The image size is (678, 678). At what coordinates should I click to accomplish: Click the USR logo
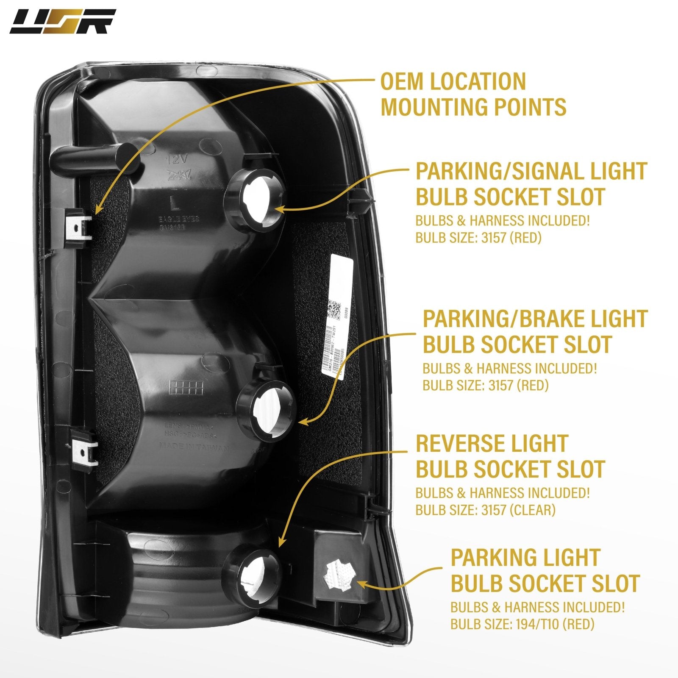click(63, 22)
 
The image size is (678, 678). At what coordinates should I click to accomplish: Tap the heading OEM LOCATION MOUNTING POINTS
click(473, 94)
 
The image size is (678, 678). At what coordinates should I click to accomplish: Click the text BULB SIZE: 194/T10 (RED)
click(522, 624)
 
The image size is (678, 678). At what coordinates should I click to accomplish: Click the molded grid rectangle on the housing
click(186, 386)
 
